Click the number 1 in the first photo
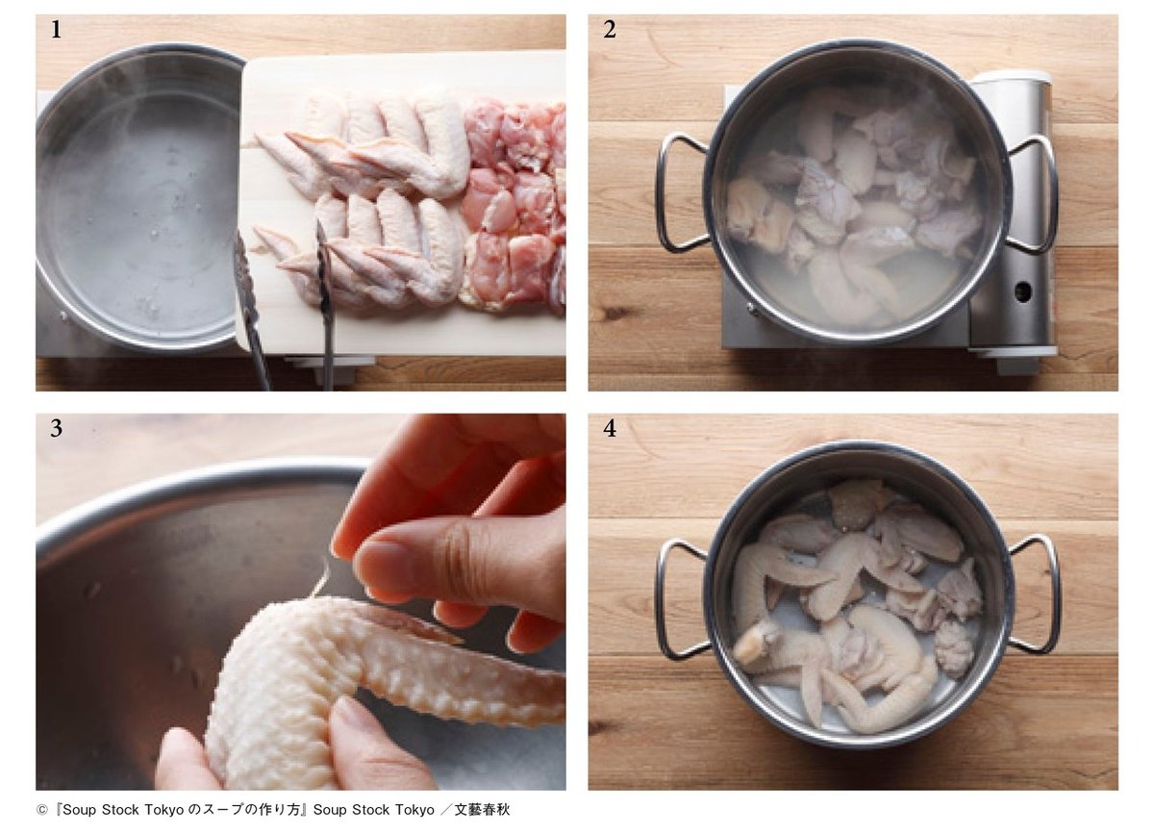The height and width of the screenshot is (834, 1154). click(56, 30)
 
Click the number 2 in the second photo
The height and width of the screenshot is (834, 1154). click(610, 30)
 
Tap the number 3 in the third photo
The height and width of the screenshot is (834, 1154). click(56, 428)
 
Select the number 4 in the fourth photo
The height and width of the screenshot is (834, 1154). click(610, 428)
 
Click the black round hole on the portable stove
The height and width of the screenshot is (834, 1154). click(1022, 291)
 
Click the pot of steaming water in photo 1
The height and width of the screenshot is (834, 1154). click(139, 196)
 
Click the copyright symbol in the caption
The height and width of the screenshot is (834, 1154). click(41, 810)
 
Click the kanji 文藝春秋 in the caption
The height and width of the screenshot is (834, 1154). click(482, 810)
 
